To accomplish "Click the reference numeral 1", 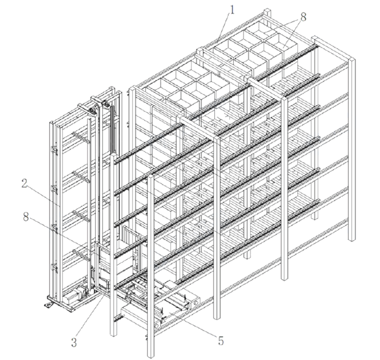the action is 232,10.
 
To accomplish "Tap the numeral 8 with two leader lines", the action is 303,17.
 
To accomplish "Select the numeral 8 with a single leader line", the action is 26,217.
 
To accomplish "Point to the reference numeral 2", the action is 24,184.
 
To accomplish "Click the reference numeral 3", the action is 74,342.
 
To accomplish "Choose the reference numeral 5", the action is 221,341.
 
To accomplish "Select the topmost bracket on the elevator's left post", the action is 54,151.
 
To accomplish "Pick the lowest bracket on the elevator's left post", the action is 54,268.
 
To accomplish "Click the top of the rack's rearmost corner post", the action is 267,11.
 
